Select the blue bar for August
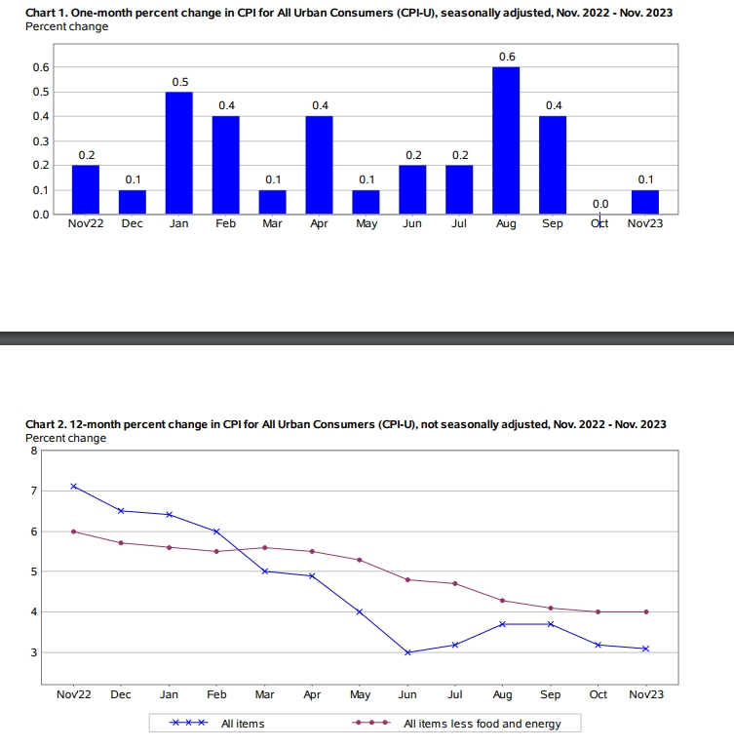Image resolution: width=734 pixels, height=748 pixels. coord(506,140)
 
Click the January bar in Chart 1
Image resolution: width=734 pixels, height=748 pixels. coord(179,153)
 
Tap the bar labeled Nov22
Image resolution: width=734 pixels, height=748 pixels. coord(86,189)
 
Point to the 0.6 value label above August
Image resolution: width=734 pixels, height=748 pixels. coord(507,57)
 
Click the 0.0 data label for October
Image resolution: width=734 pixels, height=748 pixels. coord(600,203)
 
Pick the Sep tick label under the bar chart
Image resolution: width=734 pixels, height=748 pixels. coord(552,223)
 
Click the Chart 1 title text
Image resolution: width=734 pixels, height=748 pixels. coord(348,13)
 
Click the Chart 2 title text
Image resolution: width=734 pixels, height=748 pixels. coord(346,424)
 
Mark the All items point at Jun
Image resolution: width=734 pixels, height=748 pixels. coord(407,652)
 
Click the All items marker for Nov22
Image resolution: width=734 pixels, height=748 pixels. coord(74,486)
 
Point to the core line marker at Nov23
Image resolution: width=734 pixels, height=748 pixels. coord(645,611)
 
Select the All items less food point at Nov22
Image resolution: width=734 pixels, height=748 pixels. coord(74,531)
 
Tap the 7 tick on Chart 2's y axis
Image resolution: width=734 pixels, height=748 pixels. coord(33,491)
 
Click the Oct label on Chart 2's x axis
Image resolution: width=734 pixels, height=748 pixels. coord(598,694)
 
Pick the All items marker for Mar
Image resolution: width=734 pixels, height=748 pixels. coord(264,571)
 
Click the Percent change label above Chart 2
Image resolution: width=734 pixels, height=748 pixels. coord(66,438)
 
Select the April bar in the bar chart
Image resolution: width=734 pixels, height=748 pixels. coord(320,165)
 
